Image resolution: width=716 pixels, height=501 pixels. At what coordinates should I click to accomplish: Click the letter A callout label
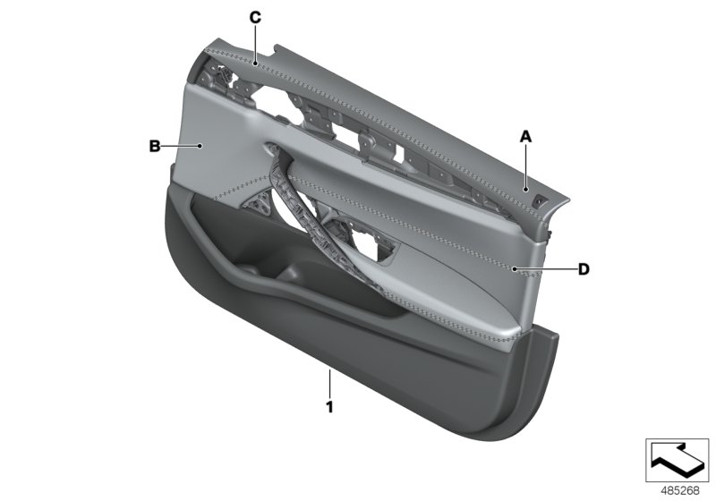(526, 137)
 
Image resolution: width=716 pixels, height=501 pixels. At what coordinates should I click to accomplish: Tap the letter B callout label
(154, 145)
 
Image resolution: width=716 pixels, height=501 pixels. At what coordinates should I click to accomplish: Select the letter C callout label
(255, 17)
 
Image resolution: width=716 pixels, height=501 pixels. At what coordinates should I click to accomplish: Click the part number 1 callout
(329, 407)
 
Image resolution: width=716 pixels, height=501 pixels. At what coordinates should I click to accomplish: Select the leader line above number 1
(329, 383)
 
